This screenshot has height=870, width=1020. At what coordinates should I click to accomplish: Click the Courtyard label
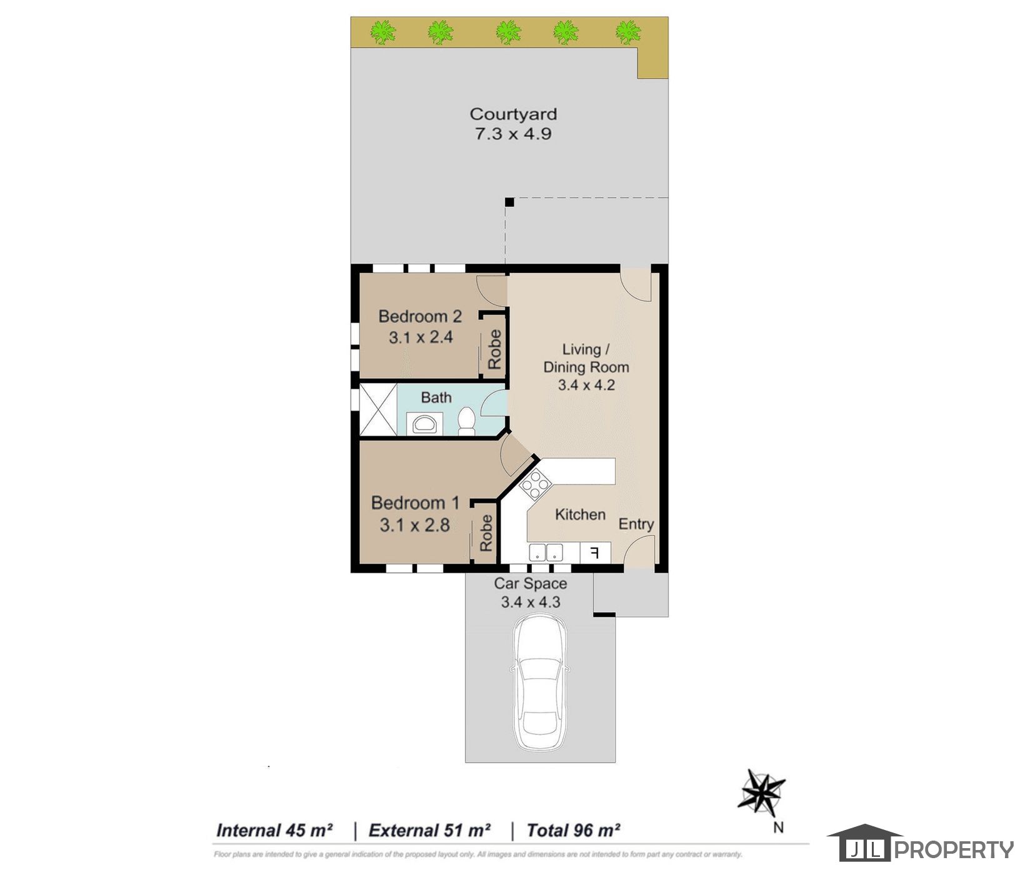pos(513,114)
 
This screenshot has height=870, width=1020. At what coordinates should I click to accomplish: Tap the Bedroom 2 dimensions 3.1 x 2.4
pos(421,337)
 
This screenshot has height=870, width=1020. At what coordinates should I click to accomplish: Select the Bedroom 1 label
pos(415,502)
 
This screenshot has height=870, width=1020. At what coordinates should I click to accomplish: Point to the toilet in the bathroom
pos(466,421)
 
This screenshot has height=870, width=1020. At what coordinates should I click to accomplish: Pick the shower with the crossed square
pos(378,409)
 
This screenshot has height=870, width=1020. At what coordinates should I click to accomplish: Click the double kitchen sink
pos(546,552)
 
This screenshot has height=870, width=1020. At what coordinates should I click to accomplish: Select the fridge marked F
pos(596,552)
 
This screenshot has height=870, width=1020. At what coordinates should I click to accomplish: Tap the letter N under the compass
pos(778,827)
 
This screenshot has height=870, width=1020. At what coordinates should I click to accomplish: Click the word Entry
pos(636,524)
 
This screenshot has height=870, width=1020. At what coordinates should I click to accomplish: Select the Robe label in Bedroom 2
pos(494,349)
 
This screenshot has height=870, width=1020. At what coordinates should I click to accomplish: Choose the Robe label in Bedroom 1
pos(486,533)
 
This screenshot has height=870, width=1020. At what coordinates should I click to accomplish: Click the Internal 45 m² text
pos(274,831)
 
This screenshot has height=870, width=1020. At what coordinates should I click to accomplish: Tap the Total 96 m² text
pos(573,831)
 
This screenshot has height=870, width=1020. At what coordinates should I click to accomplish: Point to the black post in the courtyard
pos(509,202)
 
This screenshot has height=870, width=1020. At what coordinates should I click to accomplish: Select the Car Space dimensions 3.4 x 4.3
pos(531,602)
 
